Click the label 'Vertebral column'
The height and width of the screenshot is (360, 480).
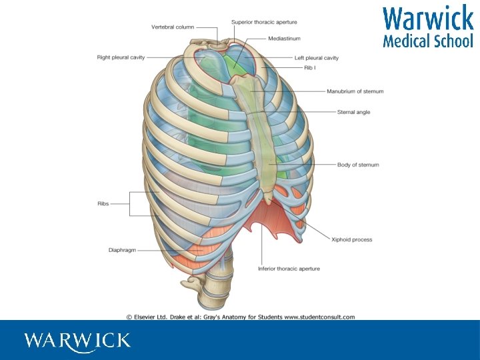[x=173, y=27]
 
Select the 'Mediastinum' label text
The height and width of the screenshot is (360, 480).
[x=284, y=39]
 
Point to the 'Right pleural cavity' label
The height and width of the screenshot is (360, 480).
[x=121, y=57]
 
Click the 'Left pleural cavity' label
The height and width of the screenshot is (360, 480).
[x=317, y=58]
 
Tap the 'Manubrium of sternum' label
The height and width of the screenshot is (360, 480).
[x=355, y=91]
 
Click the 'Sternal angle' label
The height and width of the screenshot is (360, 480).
[x=353, y=112]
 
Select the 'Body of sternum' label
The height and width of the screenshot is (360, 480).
[x=358, y=165]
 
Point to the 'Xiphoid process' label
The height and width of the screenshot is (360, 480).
[x=351, y=239]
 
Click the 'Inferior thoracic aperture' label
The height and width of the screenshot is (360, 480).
[x=289, y=269]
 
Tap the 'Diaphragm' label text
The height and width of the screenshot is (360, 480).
[x=122, y=250]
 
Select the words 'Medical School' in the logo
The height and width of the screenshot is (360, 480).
[x=427, y=41]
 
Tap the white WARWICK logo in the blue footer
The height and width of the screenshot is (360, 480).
[x=77, y=341]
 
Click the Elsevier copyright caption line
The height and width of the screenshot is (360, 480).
[x=240, y=317]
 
